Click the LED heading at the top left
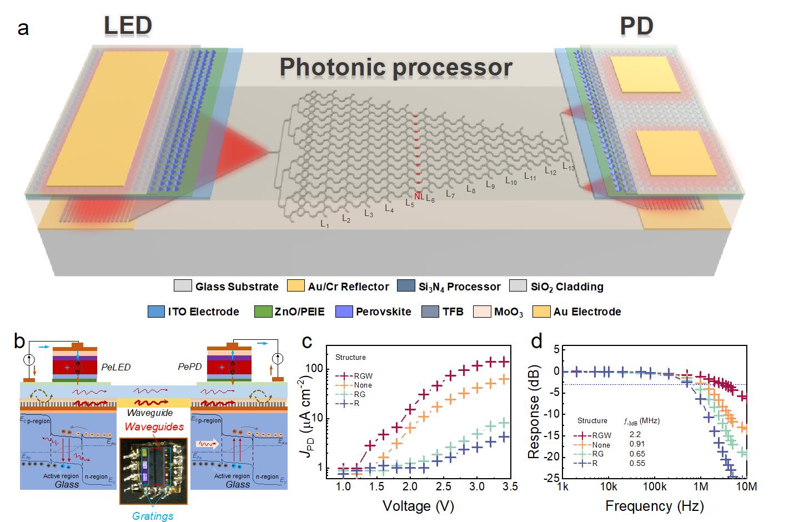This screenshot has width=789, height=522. [128, 26]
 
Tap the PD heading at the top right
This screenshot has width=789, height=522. [636, 26]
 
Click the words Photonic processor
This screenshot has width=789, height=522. [395, 67]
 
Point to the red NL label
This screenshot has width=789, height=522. [419, 196]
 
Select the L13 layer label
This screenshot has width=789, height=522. [569, 166]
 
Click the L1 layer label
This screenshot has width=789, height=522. [325, 224]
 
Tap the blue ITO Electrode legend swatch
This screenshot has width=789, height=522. [157, 312]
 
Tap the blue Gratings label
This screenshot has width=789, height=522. [153, 516]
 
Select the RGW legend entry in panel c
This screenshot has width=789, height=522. [363, 376]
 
